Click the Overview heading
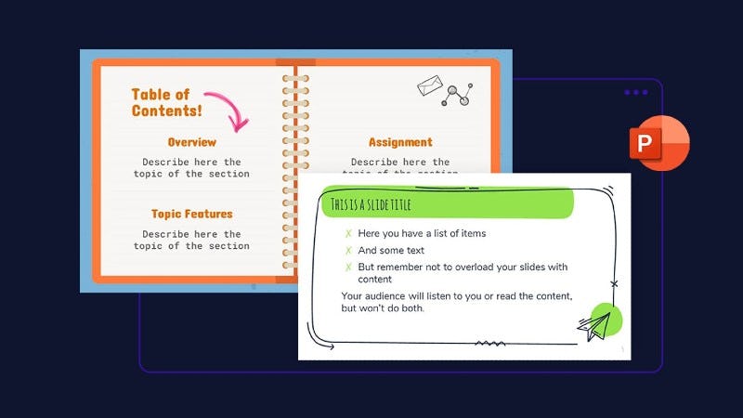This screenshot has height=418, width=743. point(191,142)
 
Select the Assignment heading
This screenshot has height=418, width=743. point(400,142)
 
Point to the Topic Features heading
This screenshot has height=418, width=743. point(191,214)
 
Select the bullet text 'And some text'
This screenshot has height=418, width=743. point(391,250)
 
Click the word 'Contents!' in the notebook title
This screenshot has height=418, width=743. point(166,111)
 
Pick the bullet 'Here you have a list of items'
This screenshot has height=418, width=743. point(422,233)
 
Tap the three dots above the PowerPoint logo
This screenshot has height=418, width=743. point(636,92)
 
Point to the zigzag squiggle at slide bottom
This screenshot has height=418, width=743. point(490,344)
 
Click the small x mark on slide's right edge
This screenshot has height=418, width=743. point(614,283)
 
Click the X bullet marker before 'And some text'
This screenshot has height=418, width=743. point(348,250)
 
